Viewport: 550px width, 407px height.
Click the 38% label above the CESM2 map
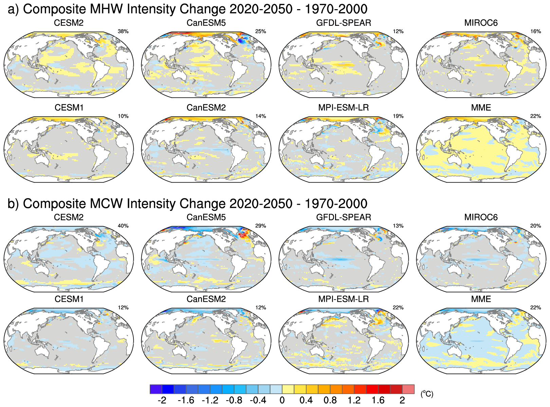coord(123,32)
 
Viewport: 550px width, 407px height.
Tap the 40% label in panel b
coord(123,226)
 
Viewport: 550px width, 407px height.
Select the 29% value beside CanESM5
coord(260,226)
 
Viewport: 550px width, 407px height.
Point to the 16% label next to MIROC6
coord(535,32)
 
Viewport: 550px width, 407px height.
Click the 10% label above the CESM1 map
coord(123,116)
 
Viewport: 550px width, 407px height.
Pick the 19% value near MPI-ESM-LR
coord(398,116)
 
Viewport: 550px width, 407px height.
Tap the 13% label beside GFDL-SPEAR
coord(398,226)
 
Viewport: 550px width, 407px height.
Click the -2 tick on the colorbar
coord(162,401)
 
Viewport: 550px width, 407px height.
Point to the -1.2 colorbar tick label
coord(210,401)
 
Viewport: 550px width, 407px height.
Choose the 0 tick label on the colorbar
coord(282,401)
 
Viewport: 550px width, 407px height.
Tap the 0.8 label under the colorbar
coord(330,401)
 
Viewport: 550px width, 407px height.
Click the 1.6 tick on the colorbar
coord(378,401)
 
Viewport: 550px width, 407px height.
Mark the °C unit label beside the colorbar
coord(427,394)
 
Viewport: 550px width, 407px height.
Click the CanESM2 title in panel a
coord(206,108)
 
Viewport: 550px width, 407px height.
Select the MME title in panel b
coord(481,299)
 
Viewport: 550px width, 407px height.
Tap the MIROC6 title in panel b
coord(481,217)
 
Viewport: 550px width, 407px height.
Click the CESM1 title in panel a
coord(69,108)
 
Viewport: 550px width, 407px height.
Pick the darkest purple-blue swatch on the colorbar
coord(156,389)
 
